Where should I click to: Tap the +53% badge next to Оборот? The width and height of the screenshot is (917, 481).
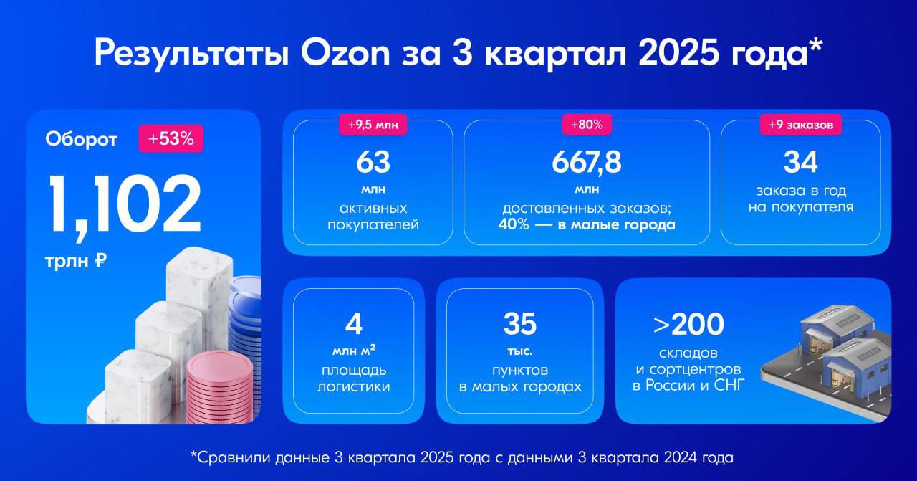coord(171,138)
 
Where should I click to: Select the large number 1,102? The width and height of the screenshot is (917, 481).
coord(125,206)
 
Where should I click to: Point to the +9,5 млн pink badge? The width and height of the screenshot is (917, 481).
coord(373,125)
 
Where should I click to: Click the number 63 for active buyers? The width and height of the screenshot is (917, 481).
coord(373,162)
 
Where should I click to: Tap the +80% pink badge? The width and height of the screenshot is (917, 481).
coord(586,125)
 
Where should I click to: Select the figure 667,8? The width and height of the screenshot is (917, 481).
coord(586,162)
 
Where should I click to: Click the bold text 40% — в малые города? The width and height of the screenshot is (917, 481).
coord(587,225)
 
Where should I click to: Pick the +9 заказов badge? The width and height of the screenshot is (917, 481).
coord(800,125)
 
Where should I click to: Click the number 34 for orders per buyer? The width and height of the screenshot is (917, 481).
coord(800,162)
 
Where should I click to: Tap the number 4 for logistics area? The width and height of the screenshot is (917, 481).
coord(353,324)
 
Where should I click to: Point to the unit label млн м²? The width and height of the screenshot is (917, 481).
coord(353,351)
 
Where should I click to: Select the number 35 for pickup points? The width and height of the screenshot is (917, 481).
coord(519,324)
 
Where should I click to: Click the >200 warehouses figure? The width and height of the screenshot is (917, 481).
coord(688,324)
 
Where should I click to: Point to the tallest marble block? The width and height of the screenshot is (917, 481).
coord(198,294)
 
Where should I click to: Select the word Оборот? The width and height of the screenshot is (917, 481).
coord(81,139)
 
